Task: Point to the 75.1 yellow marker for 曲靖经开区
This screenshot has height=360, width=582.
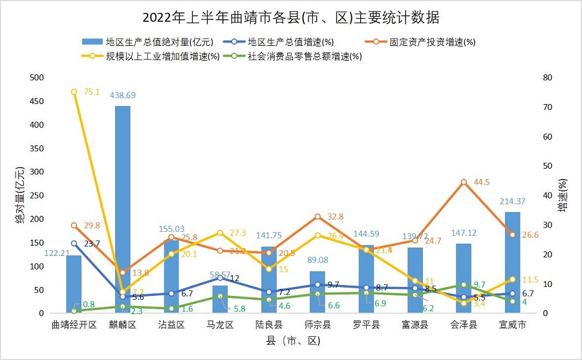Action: (x=74, y=92)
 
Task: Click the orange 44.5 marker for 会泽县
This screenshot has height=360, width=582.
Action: (x=464, y=182)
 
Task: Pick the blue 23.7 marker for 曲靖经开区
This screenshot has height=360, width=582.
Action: (x=74, y=244)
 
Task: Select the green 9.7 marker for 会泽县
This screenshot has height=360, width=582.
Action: (x=464, y=284)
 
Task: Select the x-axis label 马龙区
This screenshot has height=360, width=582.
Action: (x=220, y=325)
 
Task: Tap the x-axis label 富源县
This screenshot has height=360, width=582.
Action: (x=415, y=325)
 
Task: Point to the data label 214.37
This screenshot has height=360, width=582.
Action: (x=513, y=201)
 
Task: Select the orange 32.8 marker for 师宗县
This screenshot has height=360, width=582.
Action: (x=318, y=217)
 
